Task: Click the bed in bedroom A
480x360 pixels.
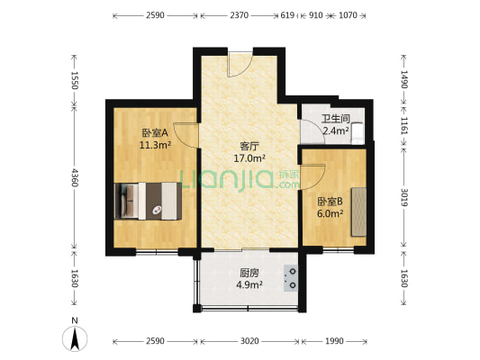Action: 149,201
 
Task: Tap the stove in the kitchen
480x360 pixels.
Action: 292,278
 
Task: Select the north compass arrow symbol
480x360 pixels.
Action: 75,338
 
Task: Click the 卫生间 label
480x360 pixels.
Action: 336,118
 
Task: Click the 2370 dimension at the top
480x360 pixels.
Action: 239,15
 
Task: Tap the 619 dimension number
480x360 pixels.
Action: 287,15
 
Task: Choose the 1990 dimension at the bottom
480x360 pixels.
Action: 333,341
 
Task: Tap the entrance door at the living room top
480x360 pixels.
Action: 240,65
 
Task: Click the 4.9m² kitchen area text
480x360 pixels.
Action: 249,285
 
